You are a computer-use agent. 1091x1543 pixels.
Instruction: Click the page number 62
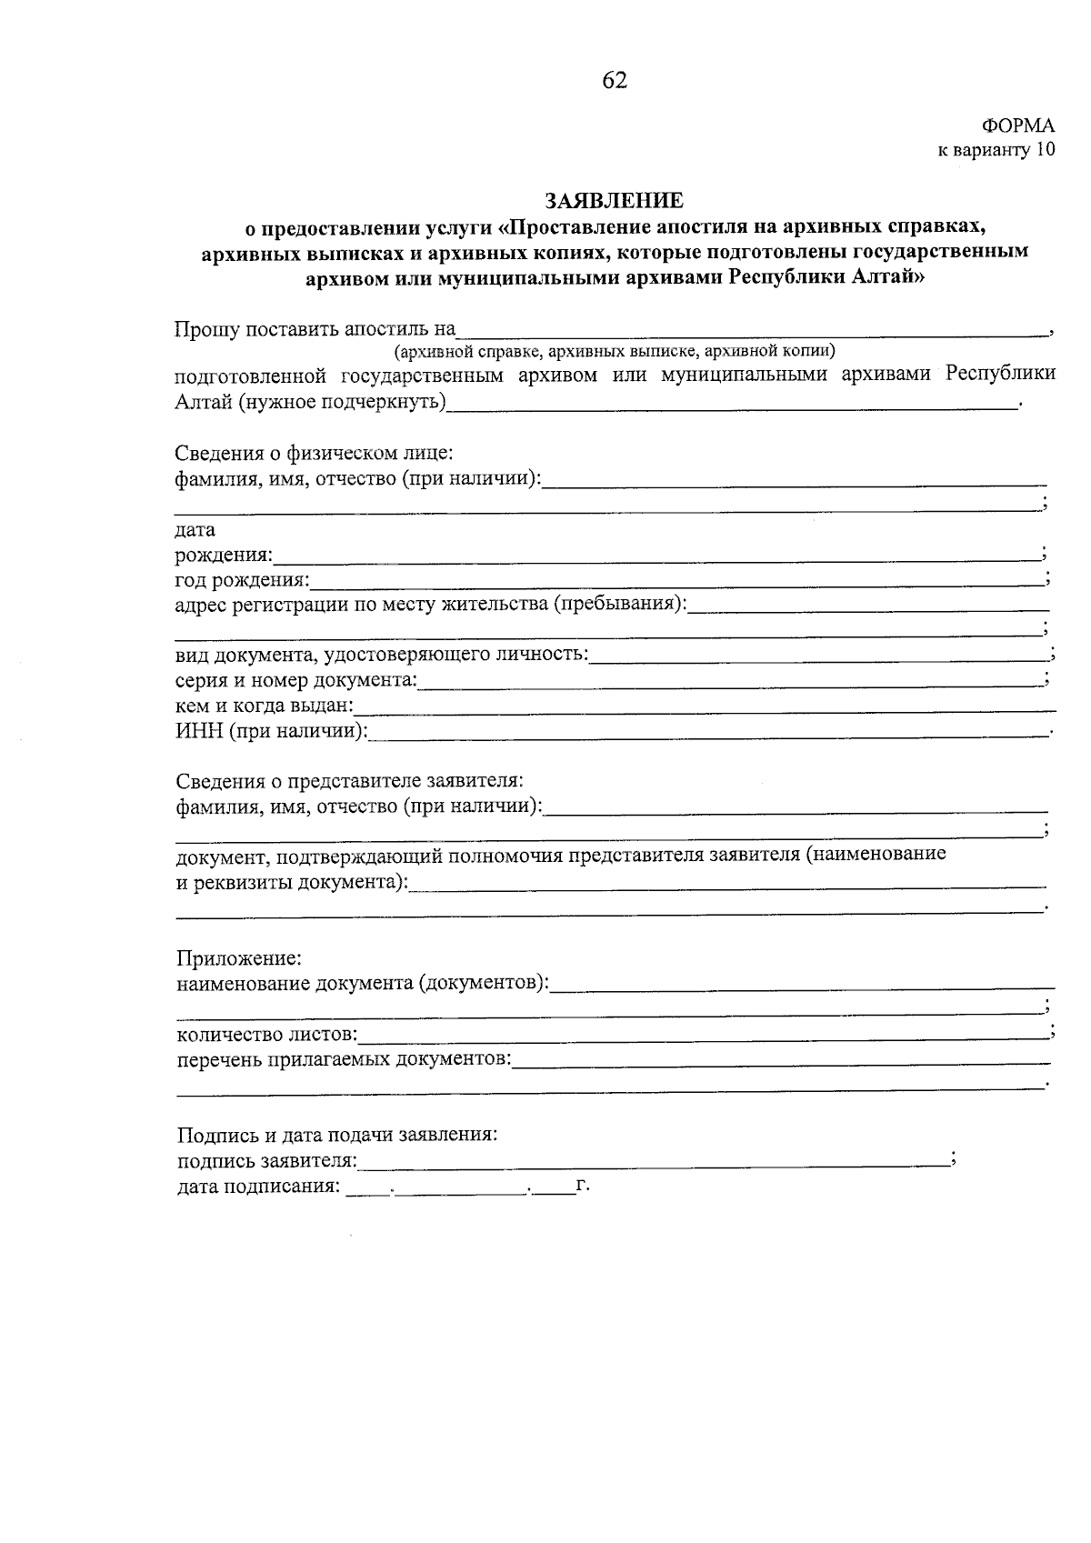(615, 81)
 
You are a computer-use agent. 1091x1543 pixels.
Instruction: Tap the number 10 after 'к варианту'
(1046, 151)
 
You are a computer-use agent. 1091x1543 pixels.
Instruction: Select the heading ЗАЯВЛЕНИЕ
(614, 200)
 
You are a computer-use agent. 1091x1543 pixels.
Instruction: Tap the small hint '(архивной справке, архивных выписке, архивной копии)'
(614, 350)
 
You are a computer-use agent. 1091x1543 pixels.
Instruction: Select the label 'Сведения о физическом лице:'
(314, 452)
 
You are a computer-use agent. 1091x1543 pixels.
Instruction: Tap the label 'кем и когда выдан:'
(264, 706)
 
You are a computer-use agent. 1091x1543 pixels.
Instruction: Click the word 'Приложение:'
(238, 958)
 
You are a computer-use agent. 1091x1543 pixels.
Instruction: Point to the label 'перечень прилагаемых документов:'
(344, 1059)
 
